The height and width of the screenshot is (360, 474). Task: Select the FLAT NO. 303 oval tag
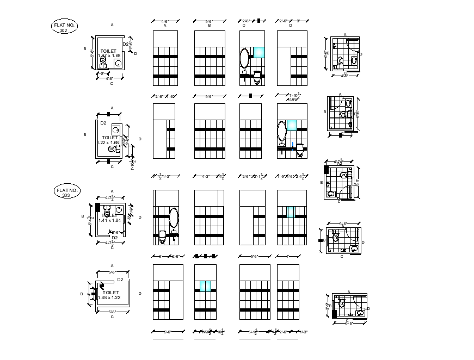[x=66, y=191]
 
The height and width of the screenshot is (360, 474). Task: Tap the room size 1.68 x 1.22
[x=108, y=297]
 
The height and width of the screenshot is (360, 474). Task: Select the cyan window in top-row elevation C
[x=258, y=52]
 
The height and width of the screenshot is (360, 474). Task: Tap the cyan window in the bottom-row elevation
[x=205, y=286]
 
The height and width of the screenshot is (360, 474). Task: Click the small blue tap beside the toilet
[x=292, y=145]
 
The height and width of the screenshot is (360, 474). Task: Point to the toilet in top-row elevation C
[x=257, y=77]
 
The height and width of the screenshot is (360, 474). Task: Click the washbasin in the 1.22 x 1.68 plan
[x=115, y=131]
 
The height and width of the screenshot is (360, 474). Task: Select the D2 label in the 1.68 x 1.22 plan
[x=120, y=279]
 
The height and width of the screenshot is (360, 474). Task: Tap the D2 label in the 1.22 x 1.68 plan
[x=103, y=123]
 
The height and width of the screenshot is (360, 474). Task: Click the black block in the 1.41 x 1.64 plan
[x=98, y=207]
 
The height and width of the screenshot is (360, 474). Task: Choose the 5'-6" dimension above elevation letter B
[x=210, y=21]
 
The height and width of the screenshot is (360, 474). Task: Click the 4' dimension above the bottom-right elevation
[x=287, y=256]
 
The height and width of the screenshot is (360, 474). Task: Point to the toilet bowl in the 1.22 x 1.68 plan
[x=112, y=148]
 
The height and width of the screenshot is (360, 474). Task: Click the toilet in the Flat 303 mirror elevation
[x=162, y=236]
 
